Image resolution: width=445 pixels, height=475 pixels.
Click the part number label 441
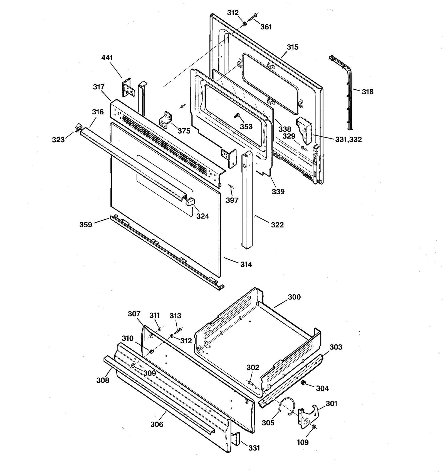click(x=107, y=58)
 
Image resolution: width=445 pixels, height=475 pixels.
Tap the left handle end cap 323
click(x=78, y=127)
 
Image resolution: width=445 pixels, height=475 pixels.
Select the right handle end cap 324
click(x=190, y=201)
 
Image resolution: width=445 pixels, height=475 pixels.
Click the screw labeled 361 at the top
click(x=252, y=17)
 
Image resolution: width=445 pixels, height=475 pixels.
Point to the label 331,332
click(x=348, y=139)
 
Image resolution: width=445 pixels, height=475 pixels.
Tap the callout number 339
click(x=278, y=191)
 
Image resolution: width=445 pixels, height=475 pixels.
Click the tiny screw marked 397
click(x=230, y=186)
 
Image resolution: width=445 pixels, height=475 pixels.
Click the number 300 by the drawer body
click(x=294, y=297)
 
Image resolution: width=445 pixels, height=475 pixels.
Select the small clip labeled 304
click(x=303, y=383)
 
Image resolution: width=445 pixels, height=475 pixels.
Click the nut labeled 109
click(x=314, y=427)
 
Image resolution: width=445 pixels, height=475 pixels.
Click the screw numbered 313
click(x=178, y=331)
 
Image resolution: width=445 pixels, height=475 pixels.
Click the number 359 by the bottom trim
click(x=86, y=225)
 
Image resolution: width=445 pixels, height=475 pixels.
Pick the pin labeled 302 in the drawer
click(x=250, y=383)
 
